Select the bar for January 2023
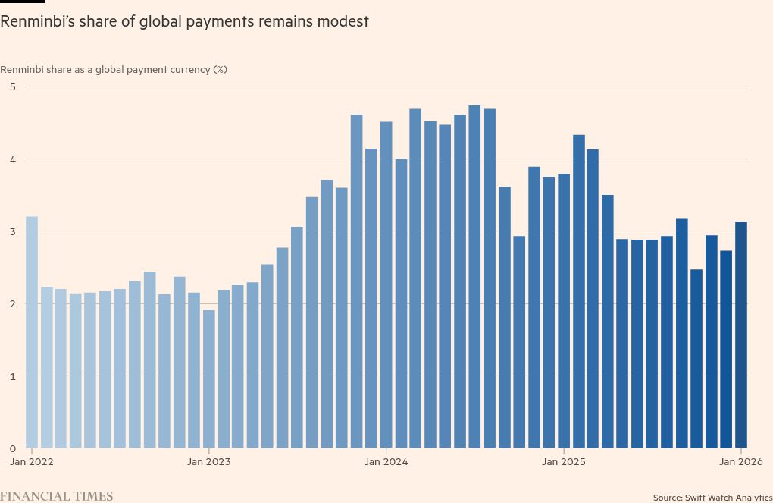[209, 379]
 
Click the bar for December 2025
[726, 349]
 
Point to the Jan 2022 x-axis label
[32, 461]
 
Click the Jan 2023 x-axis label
[208, 461]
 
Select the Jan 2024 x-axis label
[386, 461]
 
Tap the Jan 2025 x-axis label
[563, 461]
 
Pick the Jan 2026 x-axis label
[740, 461]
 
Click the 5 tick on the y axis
[12, 86]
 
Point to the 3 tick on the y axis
[12, 231]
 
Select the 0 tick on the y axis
[12, 448]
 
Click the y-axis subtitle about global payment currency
[114, 69]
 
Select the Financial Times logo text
[57, 496]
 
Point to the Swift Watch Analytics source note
[712, 497]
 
